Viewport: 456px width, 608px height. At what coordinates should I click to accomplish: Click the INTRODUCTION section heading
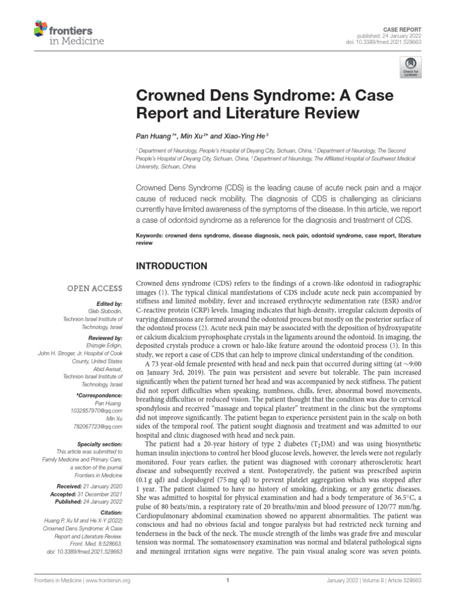pos(172,265)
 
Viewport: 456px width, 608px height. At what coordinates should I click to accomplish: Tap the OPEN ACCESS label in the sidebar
pos(95,289)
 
